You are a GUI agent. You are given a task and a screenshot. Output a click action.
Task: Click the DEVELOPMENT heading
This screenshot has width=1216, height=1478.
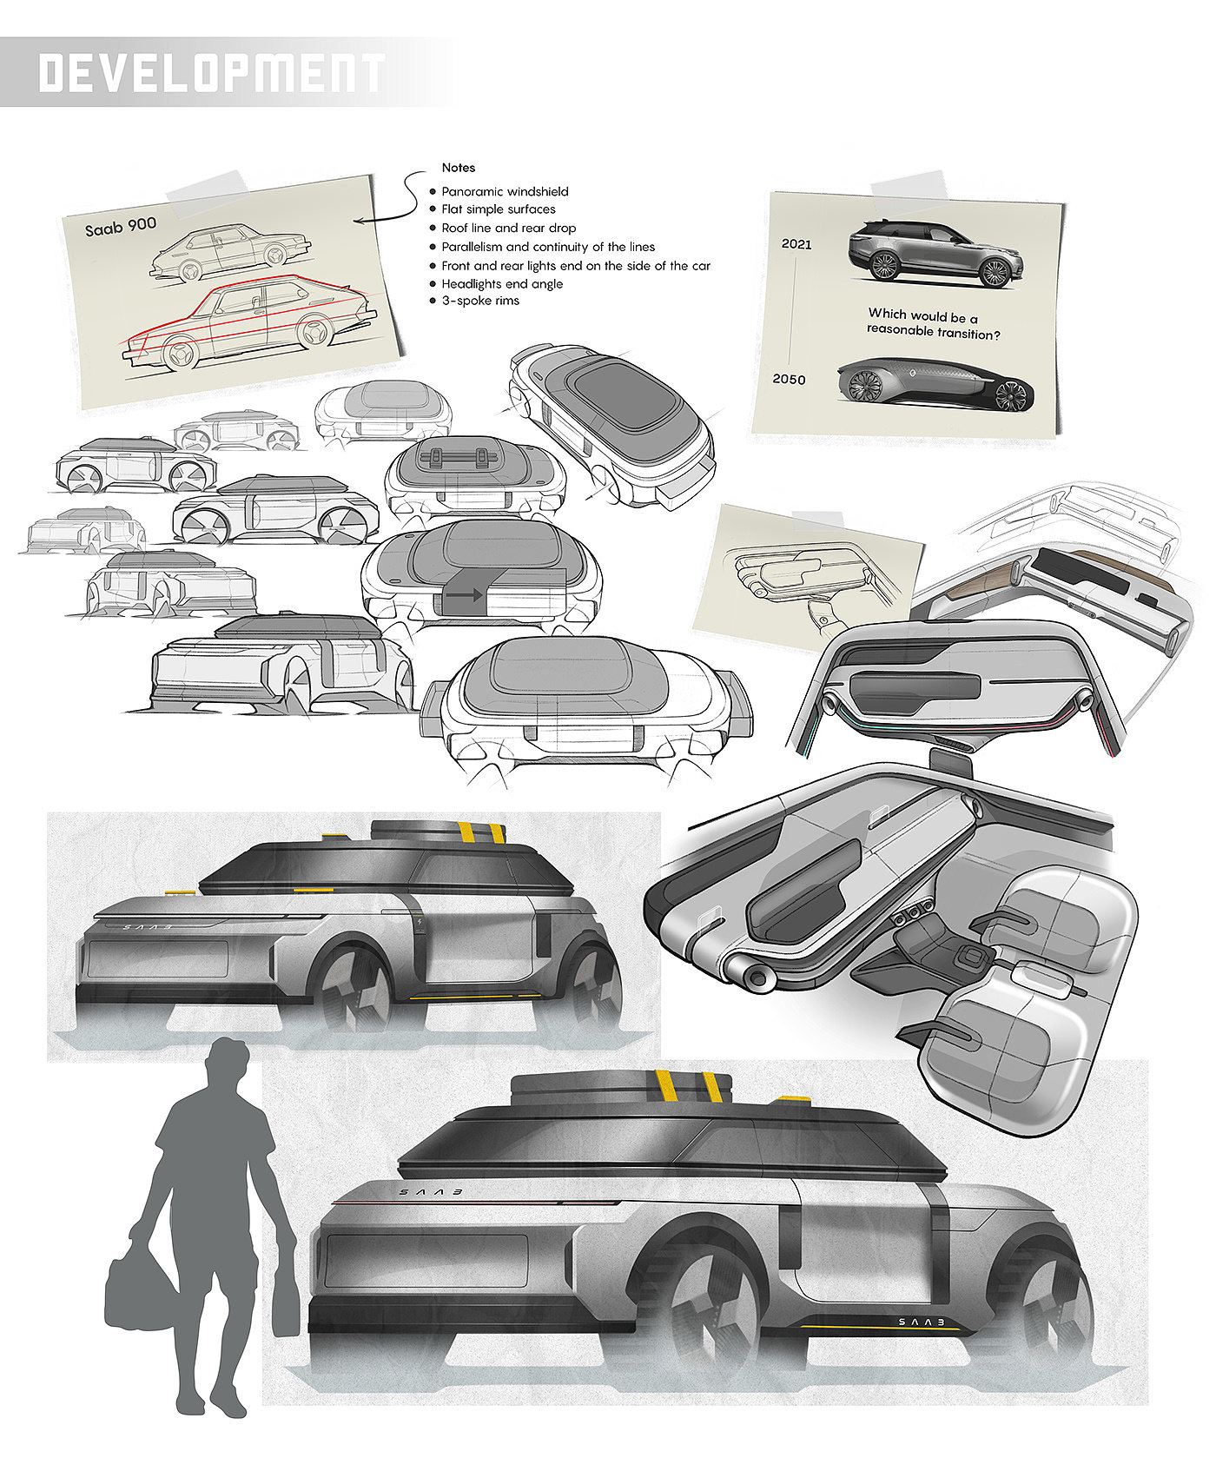click(211, 73)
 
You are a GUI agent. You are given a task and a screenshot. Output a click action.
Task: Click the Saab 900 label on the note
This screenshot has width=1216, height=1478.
click(121, 226)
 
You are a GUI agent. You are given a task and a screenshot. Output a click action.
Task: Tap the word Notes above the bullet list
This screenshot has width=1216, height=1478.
click(458, 168)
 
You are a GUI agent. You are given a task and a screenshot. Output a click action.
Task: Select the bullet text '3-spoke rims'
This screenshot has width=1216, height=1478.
click(479, 301)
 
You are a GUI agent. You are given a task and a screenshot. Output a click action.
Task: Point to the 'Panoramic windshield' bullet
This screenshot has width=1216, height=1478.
click(505, 191)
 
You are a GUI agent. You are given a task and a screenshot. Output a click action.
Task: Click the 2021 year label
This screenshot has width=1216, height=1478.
click(796, 244)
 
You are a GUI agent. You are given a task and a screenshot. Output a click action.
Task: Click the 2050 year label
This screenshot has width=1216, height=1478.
click(789, 379)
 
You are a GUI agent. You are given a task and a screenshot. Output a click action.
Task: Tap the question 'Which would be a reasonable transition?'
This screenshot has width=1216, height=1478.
click(932, 322)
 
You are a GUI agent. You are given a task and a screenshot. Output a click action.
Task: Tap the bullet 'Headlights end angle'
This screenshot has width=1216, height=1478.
click(501, 283)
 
